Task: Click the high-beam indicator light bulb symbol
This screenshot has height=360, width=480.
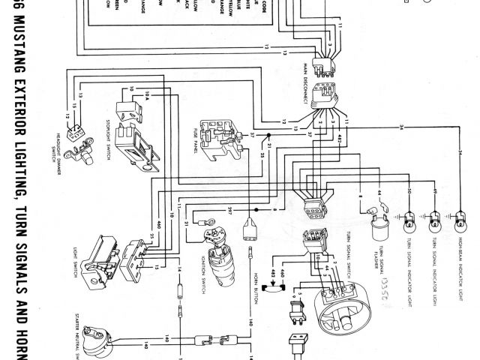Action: click(460, 223)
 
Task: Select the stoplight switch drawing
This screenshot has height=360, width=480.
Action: click(139, 135)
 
